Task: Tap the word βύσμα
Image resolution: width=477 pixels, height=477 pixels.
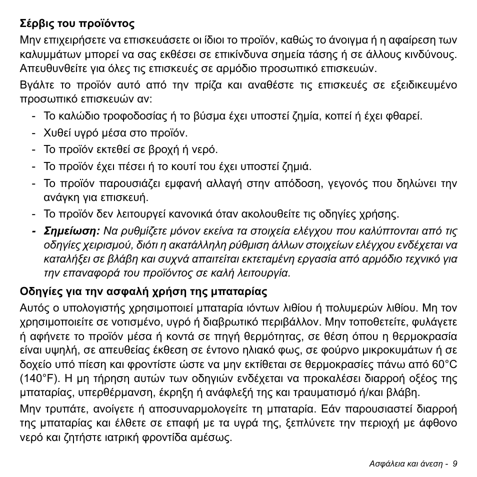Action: [213, 116]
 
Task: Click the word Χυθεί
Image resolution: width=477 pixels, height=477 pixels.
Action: [57, 133]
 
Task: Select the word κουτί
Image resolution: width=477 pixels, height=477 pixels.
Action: [185, 166]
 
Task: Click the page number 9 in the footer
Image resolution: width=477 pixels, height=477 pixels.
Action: [455, 463]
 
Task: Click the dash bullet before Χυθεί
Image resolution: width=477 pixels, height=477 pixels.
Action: [33, 133]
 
